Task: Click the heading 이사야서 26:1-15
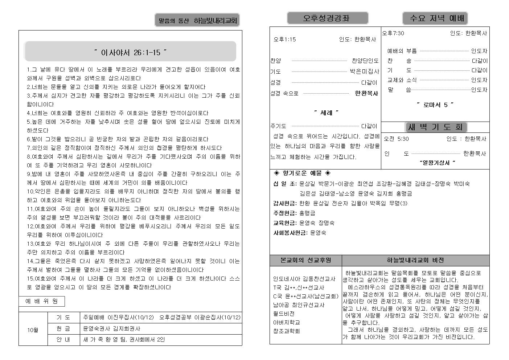click(130, 52)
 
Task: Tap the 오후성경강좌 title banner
click(327, 18)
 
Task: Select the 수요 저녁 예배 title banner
click(435, 18)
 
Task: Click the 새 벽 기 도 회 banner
click(435, 127)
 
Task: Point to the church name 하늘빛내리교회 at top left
click(215, 21)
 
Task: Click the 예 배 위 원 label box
click(42, 301)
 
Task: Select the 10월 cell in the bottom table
click(33, 330)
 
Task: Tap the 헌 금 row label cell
click(63, 328)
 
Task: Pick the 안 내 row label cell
click(63, 340)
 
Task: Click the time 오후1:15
click(285, 40)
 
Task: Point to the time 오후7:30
click(393, 33)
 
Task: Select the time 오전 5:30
click(396, 139)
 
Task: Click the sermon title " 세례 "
click(326, 113)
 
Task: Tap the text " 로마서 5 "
click(435, 105)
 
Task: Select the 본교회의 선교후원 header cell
click(306, 260)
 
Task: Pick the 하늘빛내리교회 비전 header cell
click(415, 260)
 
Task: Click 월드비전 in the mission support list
click(284, 314)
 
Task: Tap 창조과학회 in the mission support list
click(287, 331)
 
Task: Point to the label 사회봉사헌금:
click(290, 233)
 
